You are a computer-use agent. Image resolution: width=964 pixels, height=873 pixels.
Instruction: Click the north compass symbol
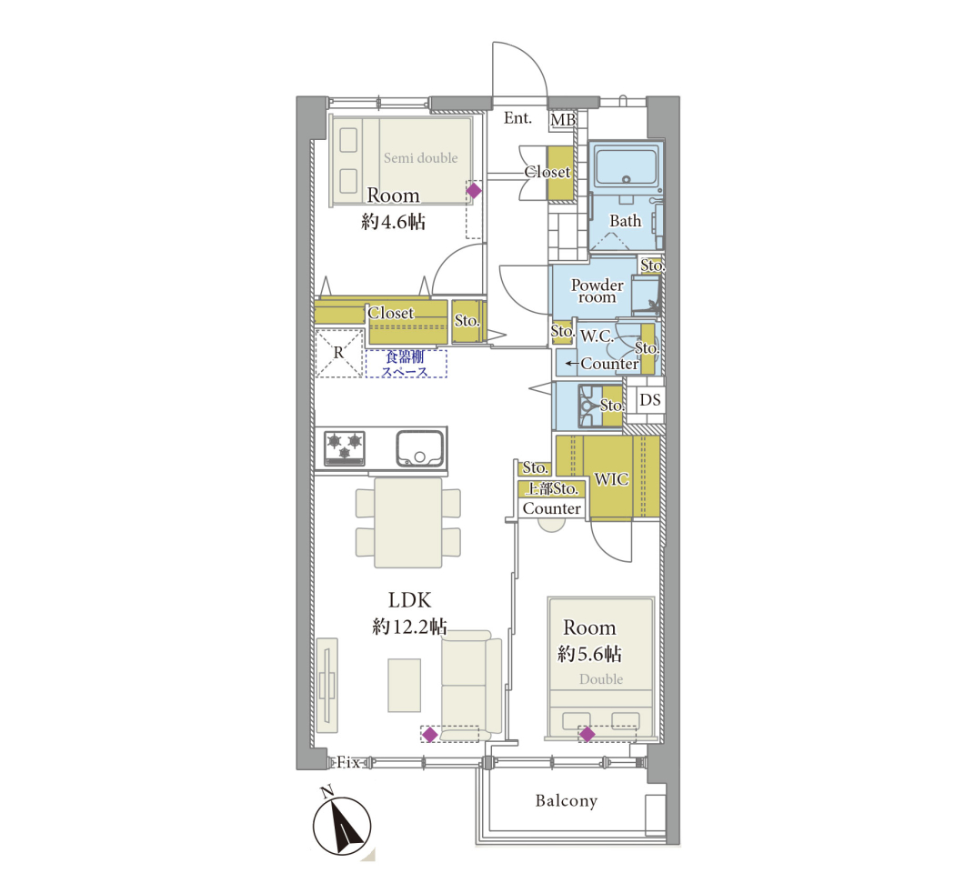pyautogui.click(x=341, y=825)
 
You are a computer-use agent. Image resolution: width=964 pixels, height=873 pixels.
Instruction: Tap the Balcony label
pyautogui.click(x=567, y=800)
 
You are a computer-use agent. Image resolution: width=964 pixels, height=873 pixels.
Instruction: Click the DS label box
pyautogui.click(x=650, y=399)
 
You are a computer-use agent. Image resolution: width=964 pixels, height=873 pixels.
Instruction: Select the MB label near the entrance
pyautogui.click(x=563, y=119)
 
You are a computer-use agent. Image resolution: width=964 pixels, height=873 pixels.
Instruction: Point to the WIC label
pyautogui.click(x=611, y=479)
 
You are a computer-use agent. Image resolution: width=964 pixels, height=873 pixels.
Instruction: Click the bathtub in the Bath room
pyautogui.click(x=626, y=166)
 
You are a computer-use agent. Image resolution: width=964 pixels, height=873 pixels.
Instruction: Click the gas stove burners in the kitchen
pyautogui.click(x=345, y=447)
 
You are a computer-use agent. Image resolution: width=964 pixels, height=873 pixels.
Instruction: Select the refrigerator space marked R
pyautogui.click(x=338, y=354)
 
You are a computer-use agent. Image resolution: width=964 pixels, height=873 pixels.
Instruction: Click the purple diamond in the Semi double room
pyautogui.click(x=474, y=191)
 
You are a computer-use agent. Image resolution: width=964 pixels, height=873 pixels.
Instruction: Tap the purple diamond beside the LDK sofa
pyautogui.click(x=430, y=735)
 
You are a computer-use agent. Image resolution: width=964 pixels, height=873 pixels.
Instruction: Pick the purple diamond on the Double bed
pyautogui.click(x=587, y=734)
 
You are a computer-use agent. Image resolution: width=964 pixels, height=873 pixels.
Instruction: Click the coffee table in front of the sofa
pyautogui.click(x=404, y=686)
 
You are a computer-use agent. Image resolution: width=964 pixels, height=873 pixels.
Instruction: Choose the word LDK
pyautogui.click(x=409, y=600)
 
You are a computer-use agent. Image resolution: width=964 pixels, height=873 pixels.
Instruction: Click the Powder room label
pyautogui.click(x=597, y=291)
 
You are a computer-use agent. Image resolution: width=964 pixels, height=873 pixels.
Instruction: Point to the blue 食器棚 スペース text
pyautogui.click(x=406, y=364)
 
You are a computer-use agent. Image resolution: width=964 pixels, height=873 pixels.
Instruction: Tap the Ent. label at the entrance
pyautogui.click(x=517, y=118)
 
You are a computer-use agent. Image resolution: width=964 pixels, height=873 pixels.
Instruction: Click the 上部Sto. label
pyautogui.click(x=552, y=488)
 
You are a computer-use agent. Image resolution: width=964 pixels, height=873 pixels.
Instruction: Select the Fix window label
pyautogui.click(x=348, y=763)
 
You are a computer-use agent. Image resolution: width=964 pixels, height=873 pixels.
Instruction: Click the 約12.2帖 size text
pyautogui.click(x=409, y=627)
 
